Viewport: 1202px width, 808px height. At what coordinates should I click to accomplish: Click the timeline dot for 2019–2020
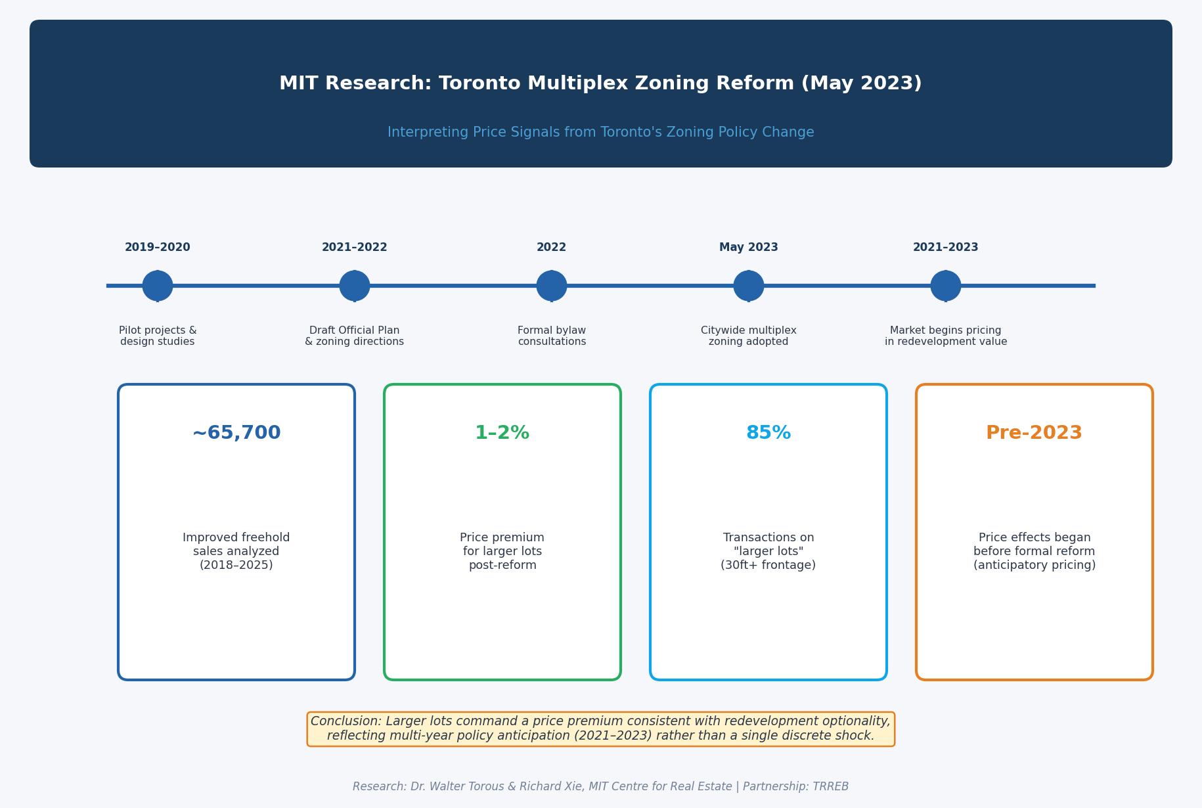point(158,286)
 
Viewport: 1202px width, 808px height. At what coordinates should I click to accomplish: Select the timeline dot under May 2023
point(749,286)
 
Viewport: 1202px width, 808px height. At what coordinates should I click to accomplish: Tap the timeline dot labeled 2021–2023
point(946,286)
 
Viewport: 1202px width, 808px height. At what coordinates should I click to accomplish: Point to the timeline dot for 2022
point(552,286)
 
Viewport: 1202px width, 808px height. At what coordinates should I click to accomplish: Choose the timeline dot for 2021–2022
point(355,286)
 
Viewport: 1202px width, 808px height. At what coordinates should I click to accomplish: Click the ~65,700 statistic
point(236,433)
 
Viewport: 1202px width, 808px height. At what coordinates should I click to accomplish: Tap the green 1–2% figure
point(502,433)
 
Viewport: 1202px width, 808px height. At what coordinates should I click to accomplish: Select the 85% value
point(768,433)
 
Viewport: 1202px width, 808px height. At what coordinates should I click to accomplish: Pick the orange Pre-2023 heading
point(1034,433)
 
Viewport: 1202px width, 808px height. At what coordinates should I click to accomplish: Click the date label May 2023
point(749,248)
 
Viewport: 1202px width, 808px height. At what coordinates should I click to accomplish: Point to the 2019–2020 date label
point(158,248)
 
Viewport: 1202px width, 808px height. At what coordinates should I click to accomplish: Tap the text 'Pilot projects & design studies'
point(158,336)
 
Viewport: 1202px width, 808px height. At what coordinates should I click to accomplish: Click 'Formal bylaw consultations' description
point(552,336)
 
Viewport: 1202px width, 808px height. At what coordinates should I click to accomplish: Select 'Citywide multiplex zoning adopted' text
point(749,336)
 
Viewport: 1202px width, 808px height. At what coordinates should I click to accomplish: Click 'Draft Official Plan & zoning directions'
point(355,336)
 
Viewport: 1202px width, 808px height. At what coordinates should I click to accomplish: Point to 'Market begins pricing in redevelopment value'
point(946,336)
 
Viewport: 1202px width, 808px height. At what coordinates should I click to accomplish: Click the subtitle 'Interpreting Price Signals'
point(600,132)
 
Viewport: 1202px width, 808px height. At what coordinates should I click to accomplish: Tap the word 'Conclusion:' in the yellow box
point(346,721)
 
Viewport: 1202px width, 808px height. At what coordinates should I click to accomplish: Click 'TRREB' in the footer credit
point(830,786)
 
